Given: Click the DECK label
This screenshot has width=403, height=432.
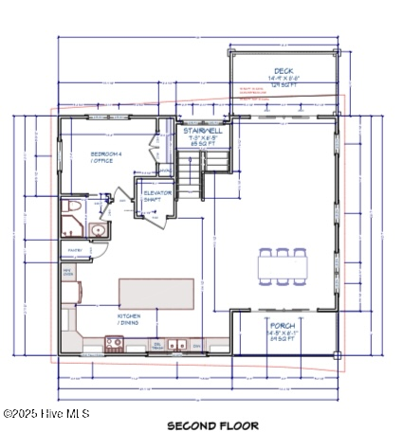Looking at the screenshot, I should click(284, 71).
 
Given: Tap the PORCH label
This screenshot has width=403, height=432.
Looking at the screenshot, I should click(283, 325).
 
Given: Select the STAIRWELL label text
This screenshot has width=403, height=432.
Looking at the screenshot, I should click(201, 131).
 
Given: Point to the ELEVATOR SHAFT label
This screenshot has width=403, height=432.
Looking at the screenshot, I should click(156, 196).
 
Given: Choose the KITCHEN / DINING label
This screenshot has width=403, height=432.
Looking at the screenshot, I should click(130, 319).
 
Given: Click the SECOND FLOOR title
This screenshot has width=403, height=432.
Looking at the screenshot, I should click(212, 425).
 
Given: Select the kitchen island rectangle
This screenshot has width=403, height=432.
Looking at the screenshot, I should click(156, 291).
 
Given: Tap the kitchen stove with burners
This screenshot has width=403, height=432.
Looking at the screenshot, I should click(114, 344).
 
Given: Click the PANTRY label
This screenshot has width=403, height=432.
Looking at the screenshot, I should click(73, 251).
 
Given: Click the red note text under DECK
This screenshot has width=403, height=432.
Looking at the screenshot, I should click(251, 94).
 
